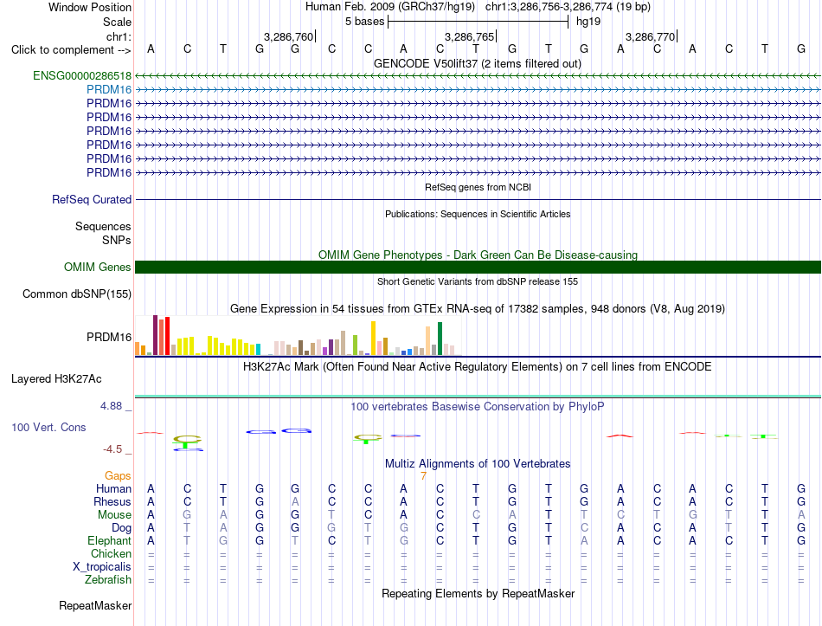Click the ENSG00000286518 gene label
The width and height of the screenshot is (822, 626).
82,75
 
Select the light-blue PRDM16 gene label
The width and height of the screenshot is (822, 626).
109,90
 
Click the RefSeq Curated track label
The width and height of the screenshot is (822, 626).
92,199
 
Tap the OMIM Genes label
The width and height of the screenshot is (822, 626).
98,267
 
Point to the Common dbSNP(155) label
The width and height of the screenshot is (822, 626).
77,294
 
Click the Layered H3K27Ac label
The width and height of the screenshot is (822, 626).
56,379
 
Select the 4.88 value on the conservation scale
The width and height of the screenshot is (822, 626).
111,406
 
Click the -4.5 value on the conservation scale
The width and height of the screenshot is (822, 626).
112,449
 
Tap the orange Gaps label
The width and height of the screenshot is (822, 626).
118,475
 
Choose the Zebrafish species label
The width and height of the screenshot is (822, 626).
108,580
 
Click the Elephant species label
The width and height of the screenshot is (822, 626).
110,541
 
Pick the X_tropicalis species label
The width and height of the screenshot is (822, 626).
102,567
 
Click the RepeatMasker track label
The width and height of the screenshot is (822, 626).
95,605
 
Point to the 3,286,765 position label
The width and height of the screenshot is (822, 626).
470,36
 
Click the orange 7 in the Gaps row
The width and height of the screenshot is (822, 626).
423,476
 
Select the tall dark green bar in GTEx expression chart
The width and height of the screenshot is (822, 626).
440,339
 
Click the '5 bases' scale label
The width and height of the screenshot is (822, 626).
365,22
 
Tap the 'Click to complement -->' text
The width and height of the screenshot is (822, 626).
71,50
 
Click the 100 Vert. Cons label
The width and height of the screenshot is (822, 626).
48,427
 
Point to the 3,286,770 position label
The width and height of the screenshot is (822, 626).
651,36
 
